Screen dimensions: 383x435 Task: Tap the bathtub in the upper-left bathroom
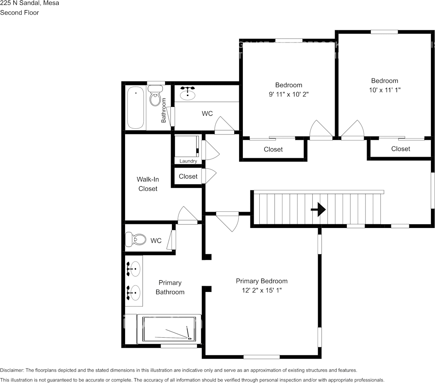point(136,108)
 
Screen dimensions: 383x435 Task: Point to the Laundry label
point(188,161)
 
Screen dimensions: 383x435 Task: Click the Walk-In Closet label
point(147,184)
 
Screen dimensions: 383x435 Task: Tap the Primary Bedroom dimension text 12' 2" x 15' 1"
point(261,290)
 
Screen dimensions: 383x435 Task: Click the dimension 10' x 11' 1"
point(384,89)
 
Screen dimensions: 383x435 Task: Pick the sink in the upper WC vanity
point(187,94)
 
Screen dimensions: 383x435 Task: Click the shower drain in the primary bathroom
point(188,338)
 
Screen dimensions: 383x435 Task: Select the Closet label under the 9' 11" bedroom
point(273,149)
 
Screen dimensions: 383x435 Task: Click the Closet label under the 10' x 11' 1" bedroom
point(401,149)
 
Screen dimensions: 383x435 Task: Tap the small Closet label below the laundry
point(188,177)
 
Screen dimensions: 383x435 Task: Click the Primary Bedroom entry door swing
point(228,221)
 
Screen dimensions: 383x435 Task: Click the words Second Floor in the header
point(19,13)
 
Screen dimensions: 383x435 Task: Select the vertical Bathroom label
point(163,110)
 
